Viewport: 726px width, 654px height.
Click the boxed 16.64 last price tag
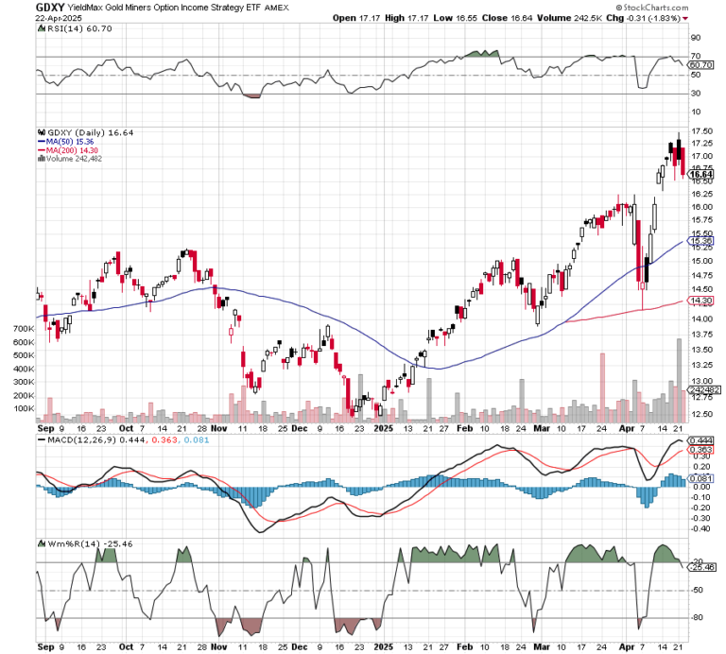click(700, 174)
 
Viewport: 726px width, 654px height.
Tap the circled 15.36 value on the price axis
click(700, 241)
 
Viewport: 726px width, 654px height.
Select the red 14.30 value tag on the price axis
click(700, 301)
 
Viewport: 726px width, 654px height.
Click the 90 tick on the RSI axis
click(695, 39)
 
